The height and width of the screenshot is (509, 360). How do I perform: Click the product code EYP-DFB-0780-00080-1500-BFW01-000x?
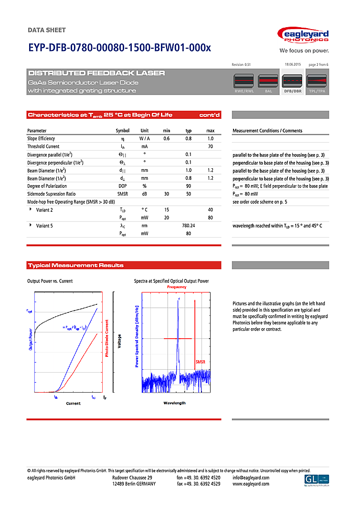point(119,48)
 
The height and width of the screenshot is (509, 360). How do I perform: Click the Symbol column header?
point(123,131)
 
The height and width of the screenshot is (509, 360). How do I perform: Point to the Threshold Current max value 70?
point(210,146)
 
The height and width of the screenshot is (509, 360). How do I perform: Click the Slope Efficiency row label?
point(41,138)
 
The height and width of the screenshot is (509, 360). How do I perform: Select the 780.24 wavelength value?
point(189,226)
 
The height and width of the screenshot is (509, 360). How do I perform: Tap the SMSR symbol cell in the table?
point(123,194)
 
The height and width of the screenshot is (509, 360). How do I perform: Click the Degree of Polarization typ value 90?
point(189,186)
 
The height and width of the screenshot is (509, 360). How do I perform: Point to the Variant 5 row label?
point(44,226)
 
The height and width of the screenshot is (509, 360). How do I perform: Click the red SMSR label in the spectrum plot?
point(200,363)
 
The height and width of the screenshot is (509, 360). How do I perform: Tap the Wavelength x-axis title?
point(174,403)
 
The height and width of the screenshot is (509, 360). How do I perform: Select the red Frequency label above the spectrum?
point(177,287)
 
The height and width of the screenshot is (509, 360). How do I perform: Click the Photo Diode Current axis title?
point(106,338)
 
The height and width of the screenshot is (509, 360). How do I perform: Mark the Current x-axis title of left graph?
point(73,404)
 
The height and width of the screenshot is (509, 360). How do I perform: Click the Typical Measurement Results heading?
point(76,265)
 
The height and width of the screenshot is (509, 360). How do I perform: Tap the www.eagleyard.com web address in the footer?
point(251,484)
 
